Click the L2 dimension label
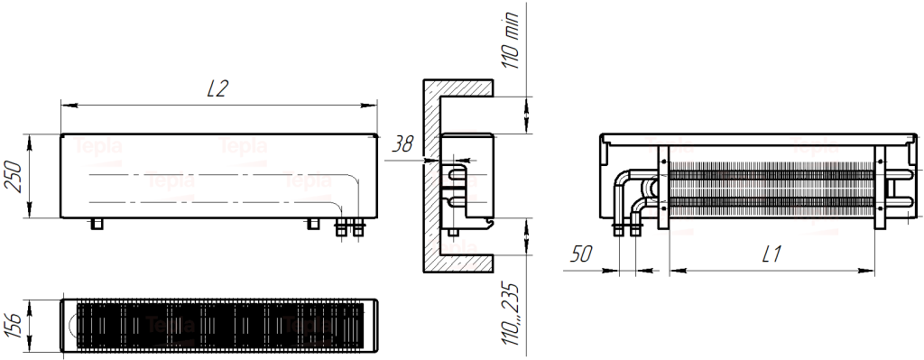click(217, 88)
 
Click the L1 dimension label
click(771, 254)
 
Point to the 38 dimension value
click(403, 144)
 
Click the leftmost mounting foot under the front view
click(96, 223)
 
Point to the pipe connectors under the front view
click(350, 227)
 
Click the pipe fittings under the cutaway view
click(627, 231)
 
